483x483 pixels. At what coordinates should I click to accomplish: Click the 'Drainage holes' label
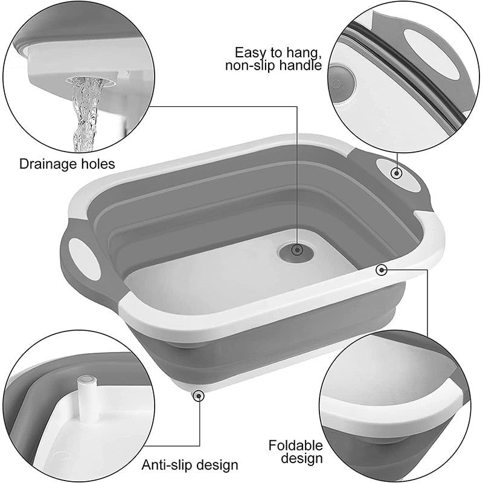pyautogui.click(x=66, y=163)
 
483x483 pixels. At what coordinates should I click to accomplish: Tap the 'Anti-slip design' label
pyautogui.click(x=190, y=465)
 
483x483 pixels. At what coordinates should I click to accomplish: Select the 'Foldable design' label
pyautogui.click(x=296, y=452)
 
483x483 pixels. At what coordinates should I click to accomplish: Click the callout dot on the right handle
pyautogui.click(x=396, y=173)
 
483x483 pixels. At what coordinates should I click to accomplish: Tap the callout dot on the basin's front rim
pyautogui.click(x=382, y=270)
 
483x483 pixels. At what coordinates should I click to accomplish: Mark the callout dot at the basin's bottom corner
pyautogui.click(x=197, y=395)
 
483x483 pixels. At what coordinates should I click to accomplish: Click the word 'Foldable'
pyautogui.click(x=296, y=446)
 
